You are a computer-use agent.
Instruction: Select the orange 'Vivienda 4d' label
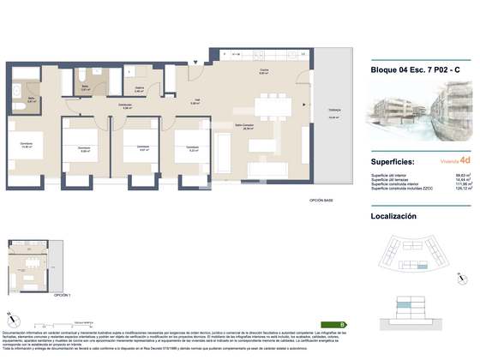452,161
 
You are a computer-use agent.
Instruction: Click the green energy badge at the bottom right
343,325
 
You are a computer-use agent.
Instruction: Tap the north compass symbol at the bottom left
10,318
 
